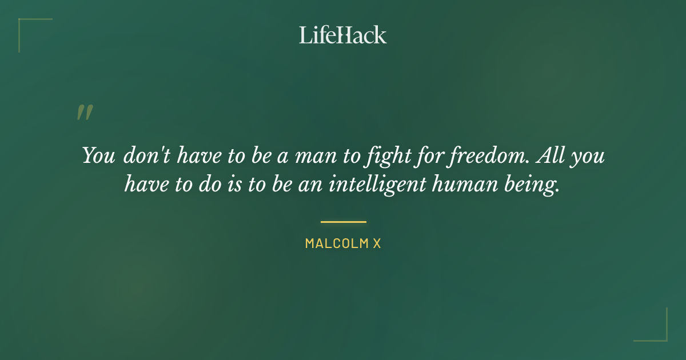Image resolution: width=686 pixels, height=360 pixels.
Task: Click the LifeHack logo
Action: coord(343,35)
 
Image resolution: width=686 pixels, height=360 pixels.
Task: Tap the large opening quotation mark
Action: coord(85,113)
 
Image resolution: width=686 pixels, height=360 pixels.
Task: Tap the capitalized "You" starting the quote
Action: coord(98,156)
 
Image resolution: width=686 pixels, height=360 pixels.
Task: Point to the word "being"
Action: coord(537,186)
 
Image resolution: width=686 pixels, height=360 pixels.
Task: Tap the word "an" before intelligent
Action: coord(313,186)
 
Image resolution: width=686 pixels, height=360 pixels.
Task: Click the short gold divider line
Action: coord(343,222)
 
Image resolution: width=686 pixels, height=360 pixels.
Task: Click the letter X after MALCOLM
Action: coord(377,243)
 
